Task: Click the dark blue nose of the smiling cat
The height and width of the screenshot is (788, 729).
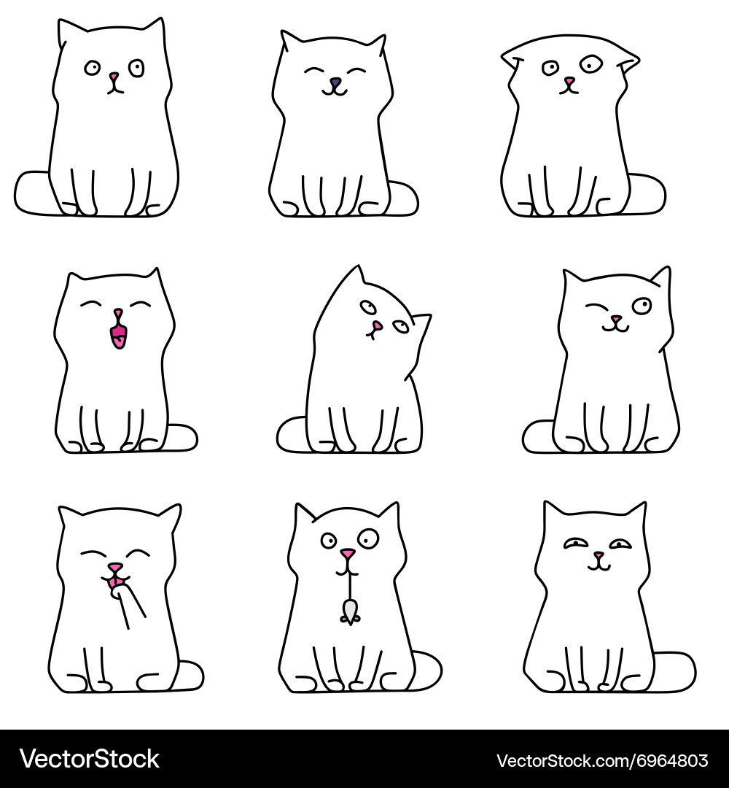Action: pyautogui.click(x=335, y=82)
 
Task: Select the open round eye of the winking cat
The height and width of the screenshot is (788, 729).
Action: pyautogui.click(x=642, y=306)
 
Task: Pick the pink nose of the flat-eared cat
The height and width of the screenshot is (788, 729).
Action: pyautogui.click(x=569, y=82)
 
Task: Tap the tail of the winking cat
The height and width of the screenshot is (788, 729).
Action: pyautogui.click(x=537, y=436)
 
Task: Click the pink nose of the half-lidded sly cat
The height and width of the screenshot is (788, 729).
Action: pyautogui.click(x=598, y=556)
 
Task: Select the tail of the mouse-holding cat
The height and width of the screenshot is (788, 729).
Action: pyautogui.click(x=426, y=671)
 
